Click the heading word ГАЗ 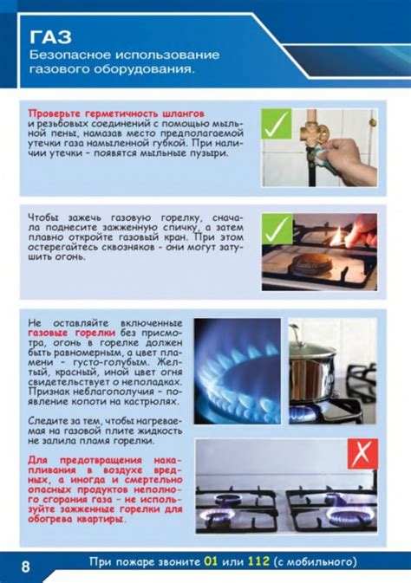point(50,36)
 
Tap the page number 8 point(26,567)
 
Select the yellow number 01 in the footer point(211,560)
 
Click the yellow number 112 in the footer point(258,560)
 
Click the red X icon point(362,454)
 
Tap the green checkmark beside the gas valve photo point(277,124)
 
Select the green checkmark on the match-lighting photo point(277,229)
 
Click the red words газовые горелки point(71,333)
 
